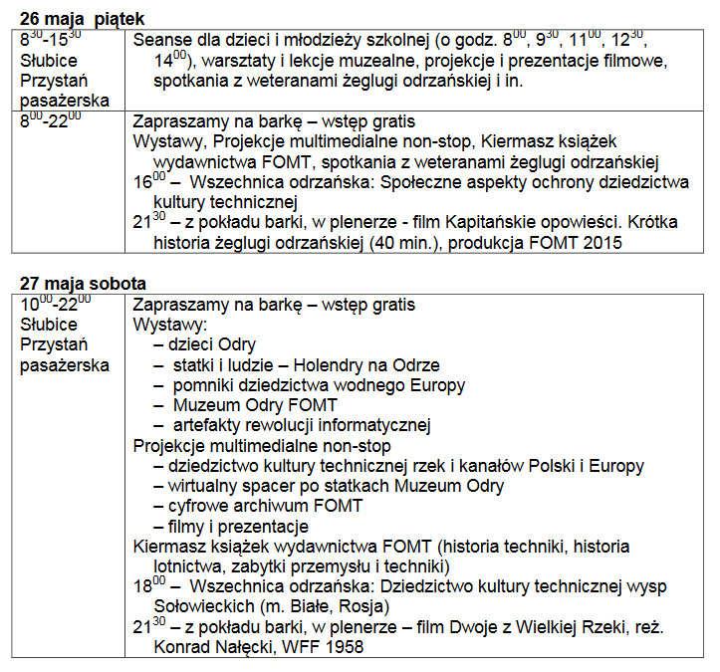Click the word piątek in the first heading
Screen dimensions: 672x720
[118, 18]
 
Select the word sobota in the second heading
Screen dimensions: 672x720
[120, 284]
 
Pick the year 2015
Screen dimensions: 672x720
[598, 241]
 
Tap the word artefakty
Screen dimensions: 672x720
[209, 425]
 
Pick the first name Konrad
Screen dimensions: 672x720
[181, 646]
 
